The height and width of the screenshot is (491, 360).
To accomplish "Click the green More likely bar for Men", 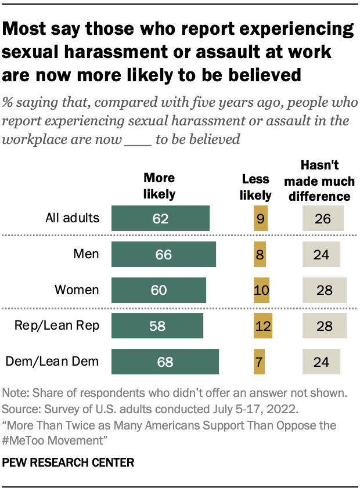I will point(163,254).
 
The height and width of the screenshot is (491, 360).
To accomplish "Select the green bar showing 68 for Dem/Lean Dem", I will point(165,362).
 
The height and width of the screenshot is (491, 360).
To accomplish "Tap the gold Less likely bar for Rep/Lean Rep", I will point(263,326).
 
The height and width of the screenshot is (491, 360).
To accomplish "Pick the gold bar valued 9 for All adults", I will point(261,219).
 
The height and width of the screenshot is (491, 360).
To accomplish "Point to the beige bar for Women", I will point(324,290).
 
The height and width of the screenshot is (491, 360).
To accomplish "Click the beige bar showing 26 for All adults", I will point(323,219).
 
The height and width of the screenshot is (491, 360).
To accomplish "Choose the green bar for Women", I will point(159,290).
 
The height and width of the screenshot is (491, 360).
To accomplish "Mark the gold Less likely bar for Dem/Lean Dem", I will point(259,362).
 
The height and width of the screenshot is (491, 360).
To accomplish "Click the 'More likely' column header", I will point(159,185).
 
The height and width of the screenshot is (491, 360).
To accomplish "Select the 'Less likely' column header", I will point(255,188).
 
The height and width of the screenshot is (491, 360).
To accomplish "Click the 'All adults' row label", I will point(73,219).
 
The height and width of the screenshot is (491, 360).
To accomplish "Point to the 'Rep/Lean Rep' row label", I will point(57,326).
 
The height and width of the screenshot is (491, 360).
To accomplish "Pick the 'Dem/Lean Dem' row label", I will point(52,362).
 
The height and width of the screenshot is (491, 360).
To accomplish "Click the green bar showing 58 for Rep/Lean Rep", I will point(157,326).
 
